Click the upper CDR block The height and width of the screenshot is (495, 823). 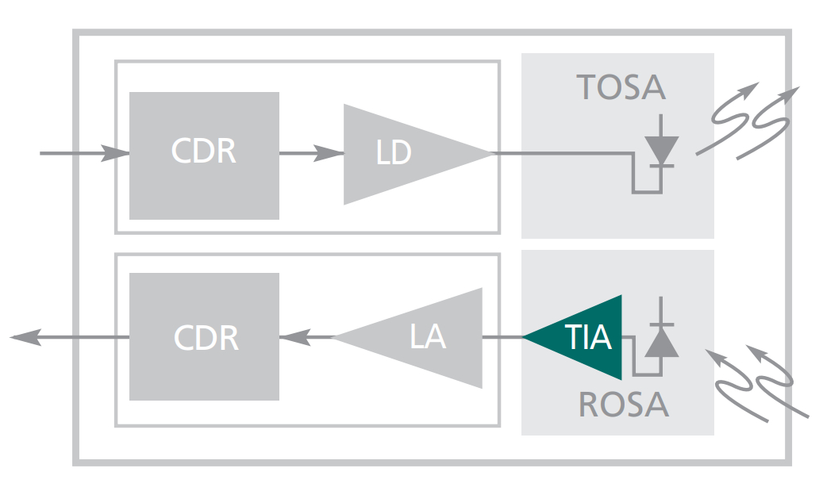pos(204,155)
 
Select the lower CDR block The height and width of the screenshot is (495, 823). pos(204,336)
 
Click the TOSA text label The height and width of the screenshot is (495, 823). pos(621,86)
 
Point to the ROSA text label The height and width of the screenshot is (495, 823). pos(623,405)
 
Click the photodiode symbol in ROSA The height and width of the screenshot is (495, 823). pos(660,341)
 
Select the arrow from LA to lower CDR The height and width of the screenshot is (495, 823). pos(306,337)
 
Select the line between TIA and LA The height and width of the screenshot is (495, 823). pos(502,337)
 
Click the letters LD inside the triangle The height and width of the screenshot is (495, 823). pos(394,153)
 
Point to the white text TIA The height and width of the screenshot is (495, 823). pos(589,337)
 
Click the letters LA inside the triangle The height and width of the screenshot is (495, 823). pos(428,337)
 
